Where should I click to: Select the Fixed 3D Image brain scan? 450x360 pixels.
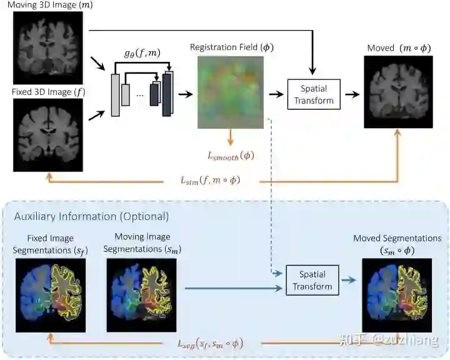click(x=48, y=135)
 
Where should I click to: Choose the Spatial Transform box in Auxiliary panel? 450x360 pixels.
click(x=312, y=280)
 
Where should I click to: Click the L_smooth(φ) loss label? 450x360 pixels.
click(x=231, y=155)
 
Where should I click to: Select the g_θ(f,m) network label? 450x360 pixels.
click(x=142, y=54)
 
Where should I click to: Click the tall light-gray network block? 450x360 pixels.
click(x=115, y=94)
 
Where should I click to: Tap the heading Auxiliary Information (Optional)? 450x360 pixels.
click(x=91, y=216)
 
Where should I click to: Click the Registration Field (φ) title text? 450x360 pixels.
click(x=232, y=47)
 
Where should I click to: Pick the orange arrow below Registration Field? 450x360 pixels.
click(x=231, y=137)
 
